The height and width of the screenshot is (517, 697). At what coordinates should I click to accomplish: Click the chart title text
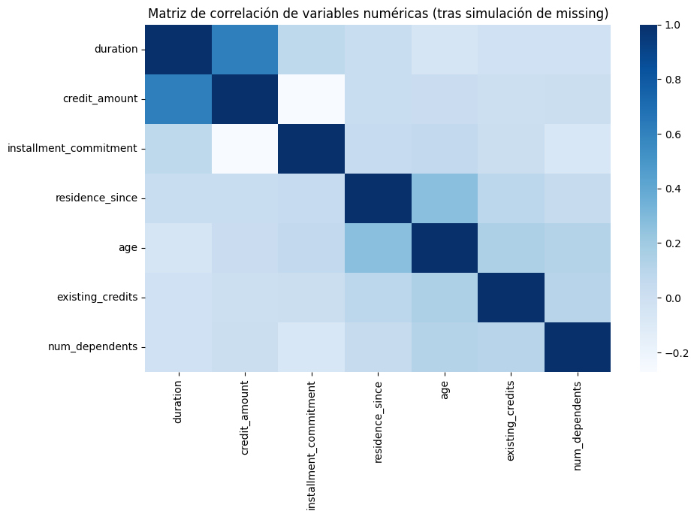tap(378, 14)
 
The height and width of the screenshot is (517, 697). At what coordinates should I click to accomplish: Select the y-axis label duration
tap(116, 50)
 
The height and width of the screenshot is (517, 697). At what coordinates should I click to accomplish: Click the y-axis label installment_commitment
tap(72, 149)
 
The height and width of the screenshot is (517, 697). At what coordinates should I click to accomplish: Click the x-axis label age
tap(445, 392)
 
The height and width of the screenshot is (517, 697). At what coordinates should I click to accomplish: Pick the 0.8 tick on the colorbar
tap(659, 80)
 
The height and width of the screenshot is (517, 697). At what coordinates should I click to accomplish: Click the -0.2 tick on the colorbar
tap(659, 352)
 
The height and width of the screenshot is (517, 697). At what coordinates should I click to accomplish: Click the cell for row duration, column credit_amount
tap(245, 50)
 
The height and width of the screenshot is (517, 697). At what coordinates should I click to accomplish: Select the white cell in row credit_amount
tap(311, 99)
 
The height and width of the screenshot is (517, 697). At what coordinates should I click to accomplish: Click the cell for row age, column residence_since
tap(378, 248)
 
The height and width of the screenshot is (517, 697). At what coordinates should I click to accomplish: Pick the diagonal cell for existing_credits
tap(511, 298)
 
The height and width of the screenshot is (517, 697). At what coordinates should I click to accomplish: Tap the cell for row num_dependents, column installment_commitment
tap(311, 347)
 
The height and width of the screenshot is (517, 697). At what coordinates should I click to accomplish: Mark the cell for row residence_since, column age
tap(445, 198)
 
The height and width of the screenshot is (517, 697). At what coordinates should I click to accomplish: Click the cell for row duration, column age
tap(445, 50)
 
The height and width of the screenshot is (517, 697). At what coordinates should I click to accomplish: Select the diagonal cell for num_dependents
tap(578, 347)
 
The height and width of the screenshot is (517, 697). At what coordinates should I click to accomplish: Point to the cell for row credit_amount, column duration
tap(178, 99)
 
